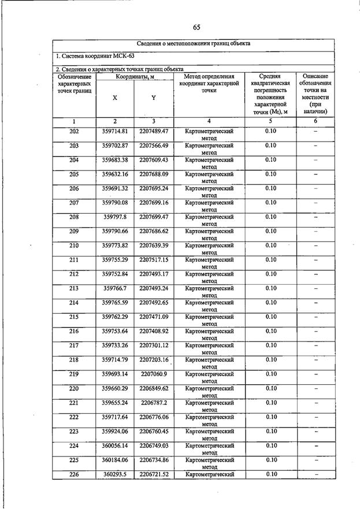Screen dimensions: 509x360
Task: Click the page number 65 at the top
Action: (x=196, y=28)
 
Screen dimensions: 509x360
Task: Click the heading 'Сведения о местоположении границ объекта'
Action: (x=194, y=43)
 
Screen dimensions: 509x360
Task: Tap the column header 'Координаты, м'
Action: (x=134, y=76)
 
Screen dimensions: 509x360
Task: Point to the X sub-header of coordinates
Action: (x=115, y=98)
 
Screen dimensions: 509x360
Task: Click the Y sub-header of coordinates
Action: (x=153, y=98)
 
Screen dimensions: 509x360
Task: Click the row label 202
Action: (x=74, y=131)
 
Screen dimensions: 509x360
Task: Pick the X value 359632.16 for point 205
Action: (x=115, y=174)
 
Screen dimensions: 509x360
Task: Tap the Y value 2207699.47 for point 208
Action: (x=153, y=217)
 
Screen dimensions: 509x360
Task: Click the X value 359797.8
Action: (x=115, y=217)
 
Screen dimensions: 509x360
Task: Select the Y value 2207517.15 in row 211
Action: (x=153, y=259)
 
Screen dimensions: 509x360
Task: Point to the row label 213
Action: (x=74, y=288)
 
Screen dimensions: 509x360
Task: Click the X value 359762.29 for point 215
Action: (x=115, y=317)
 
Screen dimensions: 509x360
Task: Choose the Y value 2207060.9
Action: (x=153, y=374)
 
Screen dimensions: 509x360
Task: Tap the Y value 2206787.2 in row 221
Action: (x=153, y=402)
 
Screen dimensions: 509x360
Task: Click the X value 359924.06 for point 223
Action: (x=115, y=431)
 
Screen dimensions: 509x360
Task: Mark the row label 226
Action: (x=74, y=474)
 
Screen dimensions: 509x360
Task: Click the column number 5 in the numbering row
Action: (x=270, y=121)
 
